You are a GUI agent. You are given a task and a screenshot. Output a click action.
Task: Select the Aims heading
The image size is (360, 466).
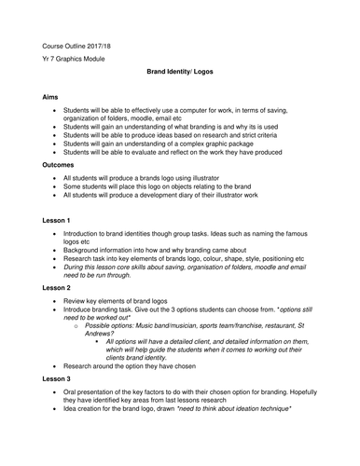[52, 96]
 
